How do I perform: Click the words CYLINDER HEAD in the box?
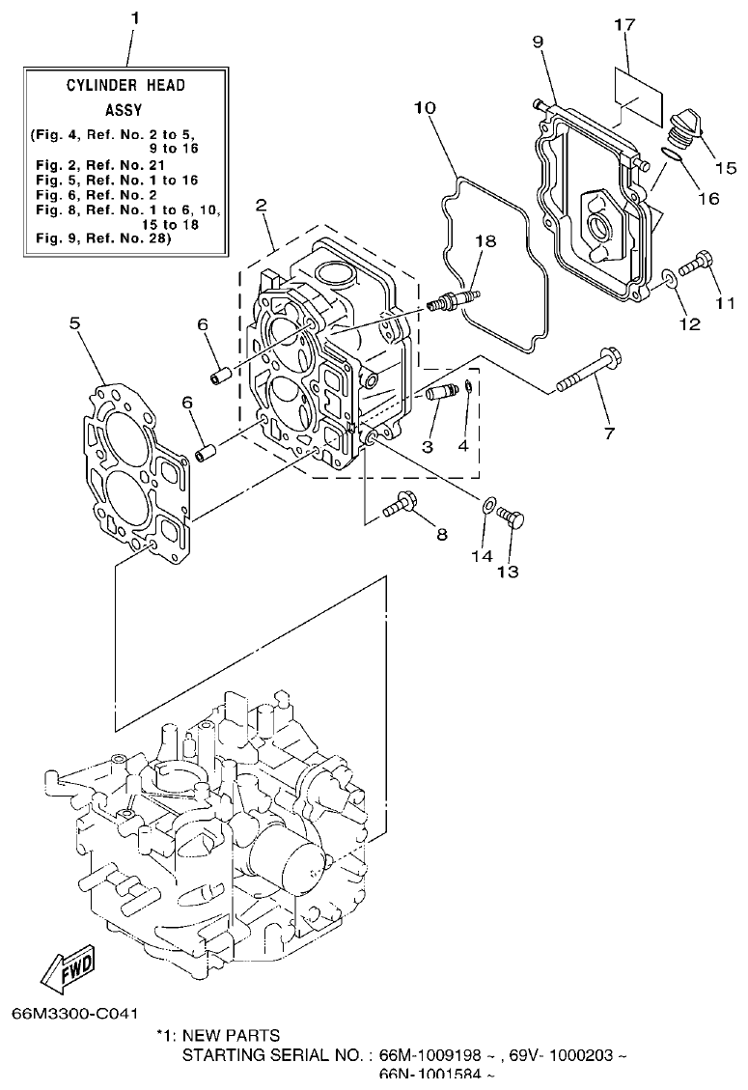125,86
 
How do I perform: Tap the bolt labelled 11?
698,261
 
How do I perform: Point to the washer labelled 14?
489,504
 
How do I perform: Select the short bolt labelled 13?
513,518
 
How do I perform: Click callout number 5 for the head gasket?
74,323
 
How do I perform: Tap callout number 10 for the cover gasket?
426,108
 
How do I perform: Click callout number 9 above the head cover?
538,41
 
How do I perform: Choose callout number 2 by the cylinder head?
262,205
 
